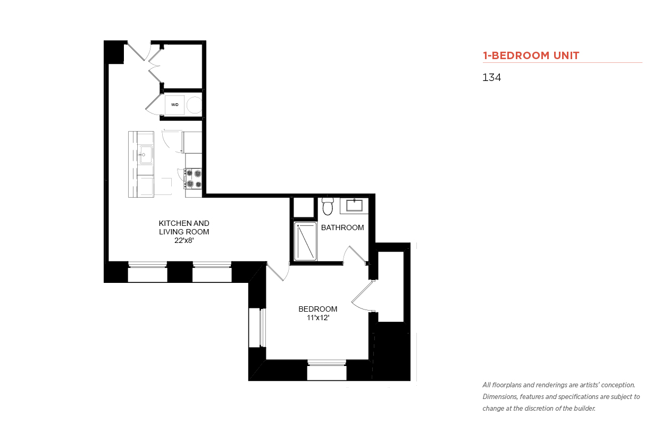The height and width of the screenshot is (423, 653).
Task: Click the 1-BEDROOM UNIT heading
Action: (531, 55)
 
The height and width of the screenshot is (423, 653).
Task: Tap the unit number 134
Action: (491, 77)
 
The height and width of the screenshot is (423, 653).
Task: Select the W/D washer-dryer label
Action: (174, 104)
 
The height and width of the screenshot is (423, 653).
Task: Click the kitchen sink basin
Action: (146, 155)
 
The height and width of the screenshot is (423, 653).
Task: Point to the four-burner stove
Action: (193, 178)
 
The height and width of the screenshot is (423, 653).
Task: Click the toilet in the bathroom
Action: (328, 206)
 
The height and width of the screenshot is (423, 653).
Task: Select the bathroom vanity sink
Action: (354, 205)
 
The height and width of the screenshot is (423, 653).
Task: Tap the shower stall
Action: (305, 241)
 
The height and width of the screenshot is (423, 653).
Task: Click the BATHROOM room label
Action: (342, 227)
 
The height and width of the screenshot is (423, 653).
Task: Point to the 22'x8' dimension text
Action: (184, 240)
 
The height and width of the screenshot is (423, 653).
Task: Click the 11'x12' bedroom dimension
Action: (318, 318)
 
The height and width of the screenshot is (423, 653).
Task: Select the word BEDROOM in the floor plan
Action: (318, 309)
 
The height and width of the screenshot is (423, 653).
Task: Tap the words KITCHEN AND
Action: (184, 223)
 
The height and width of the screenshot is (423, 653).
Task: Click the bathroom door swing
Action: (354, 255)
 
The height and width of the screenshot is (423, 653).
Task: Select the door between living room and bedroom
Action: (278, 272)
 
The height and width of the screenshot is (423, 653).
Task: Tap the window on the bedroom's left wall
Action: (257, 328)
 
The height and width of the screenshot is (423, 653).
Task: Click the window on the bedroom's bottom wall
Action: (327, 370)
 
